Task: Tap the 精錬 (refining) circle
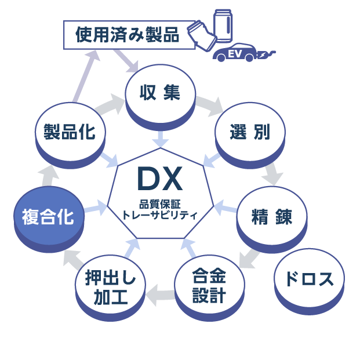pyautogui.click(x=271, y=217)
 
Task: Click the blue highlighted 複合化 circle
pyautogui.click(x=48, y=217)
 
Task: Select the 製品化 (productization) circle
pyautogui.click(x=70, y=132)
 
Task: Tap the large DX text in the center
pyautogui.click(x=159, y=179)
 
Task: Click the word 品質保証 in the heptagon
pyautogui.click(x=159, y=203)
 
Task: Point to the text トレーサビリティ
pyautogui.click(x=160, y=214)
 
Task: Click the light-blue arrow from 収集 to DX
pyautogui.click(x=160, y=139)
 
